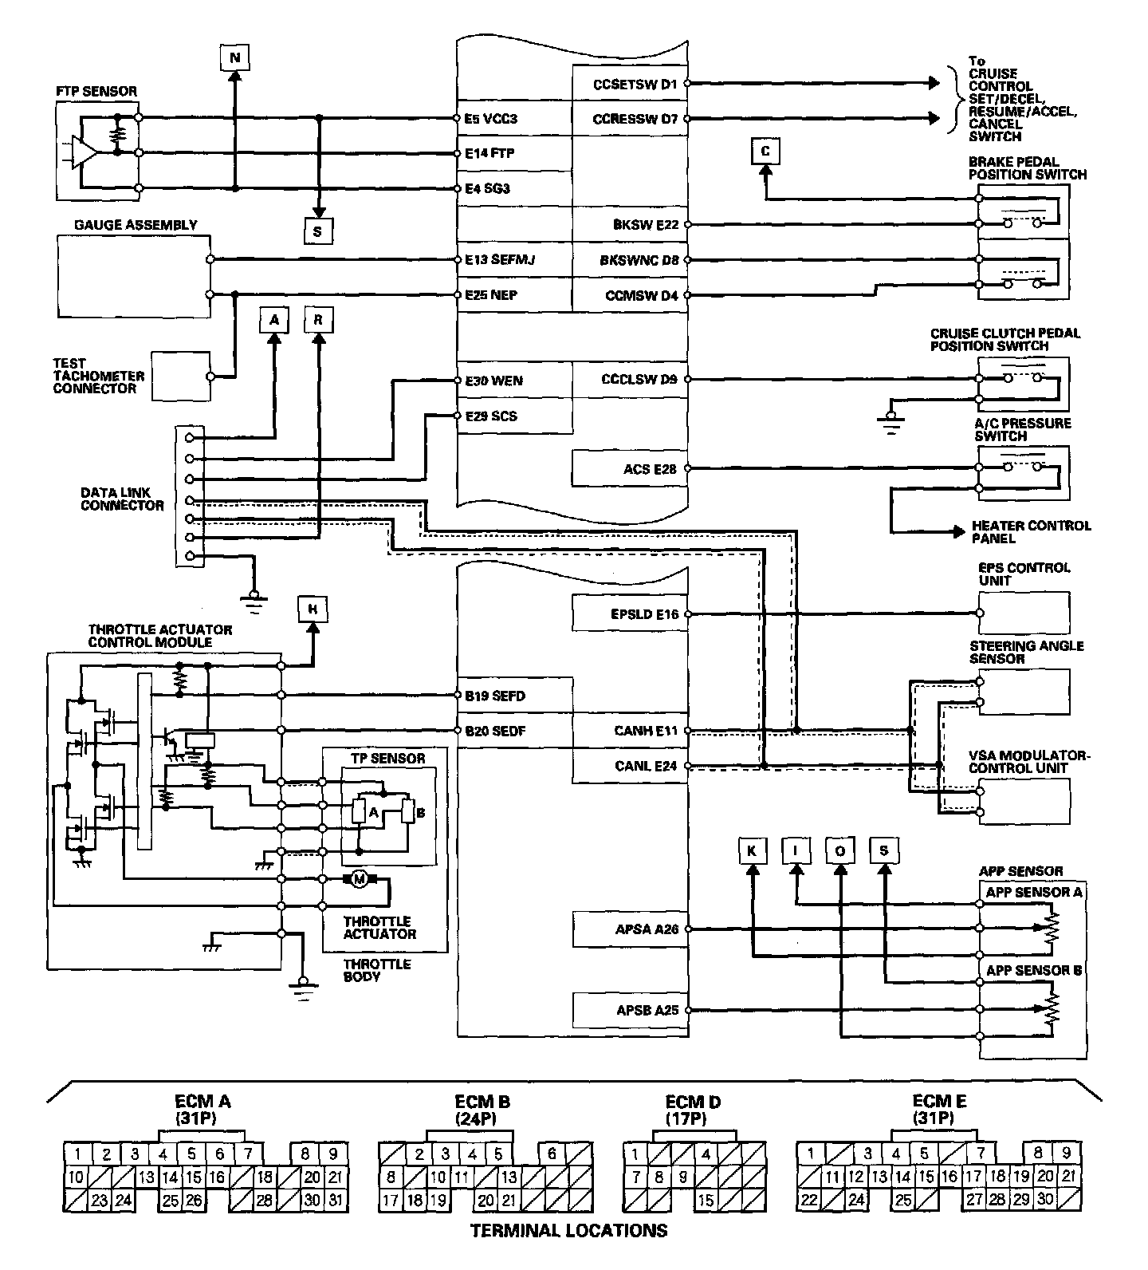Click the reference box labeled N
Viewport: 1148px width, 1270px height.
[234, 57]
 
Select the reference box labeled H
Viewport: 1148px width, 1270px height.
[313, 609]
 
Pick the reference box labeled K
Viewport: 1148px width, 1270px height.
[751, 851]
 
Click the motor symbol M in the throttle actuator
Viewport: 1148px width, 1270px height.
[359, 879]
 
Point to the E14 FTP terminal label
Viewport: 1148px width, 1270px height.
[489, 153]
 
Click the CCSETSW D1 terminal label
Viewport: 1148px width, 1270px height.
[635, 83]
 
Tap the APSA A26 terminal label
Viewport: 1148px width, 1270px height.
[647, 929]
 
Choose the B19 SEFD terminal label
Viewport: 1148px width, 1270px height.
[495, 696]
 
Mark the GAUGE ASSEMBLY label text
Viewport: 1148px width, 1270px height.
[136, 225]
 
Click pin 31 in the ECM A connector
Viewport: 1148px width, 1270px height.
[335, 1199]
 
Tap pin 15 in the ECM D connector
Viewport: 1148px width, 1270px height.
[705, 1199]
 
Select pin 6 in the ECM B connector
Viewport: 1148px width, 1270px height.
[552, 1154]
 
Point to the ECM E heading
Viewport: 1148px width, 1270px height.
[939, 1102]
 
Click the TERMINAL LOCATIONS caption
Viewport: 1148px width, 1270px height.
[568, 1230]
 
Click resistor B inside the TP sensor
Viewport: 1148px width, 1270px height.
[408, 812]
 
